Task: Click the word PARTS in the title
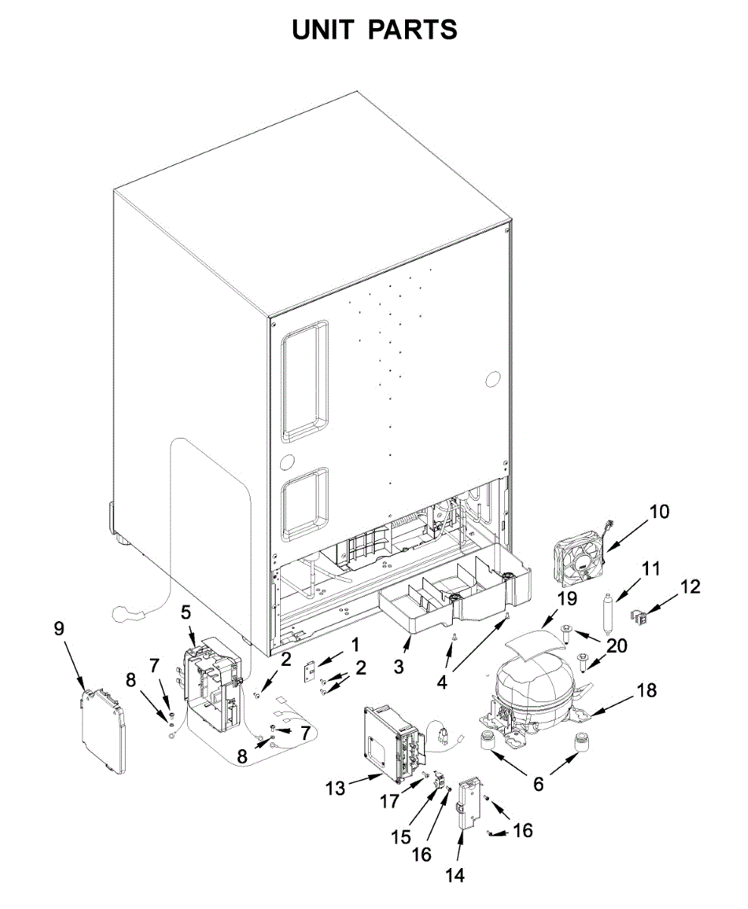click(x=413, y=30)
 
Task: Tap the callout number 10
click(x=659, y=512)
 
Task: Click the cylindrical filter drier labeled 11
click(x=609, y=614)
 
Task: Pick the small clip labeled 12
click(x=640, y=620)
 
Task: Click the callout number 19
click(x=566, y=598)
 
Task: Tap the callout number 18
click(x=647, y=690)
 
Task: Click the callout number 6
click(x=538, y=784)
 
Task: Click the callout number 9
click(x=59, y=629)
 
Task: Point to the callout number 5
click(x=185, y=612)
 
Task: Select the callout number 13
click(x=335, y=789)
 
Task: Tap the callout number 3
click(x=399, y=667)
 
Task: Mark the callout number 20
click(x=616, y=645)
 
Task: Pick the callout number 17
click(x=389, y=801)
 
